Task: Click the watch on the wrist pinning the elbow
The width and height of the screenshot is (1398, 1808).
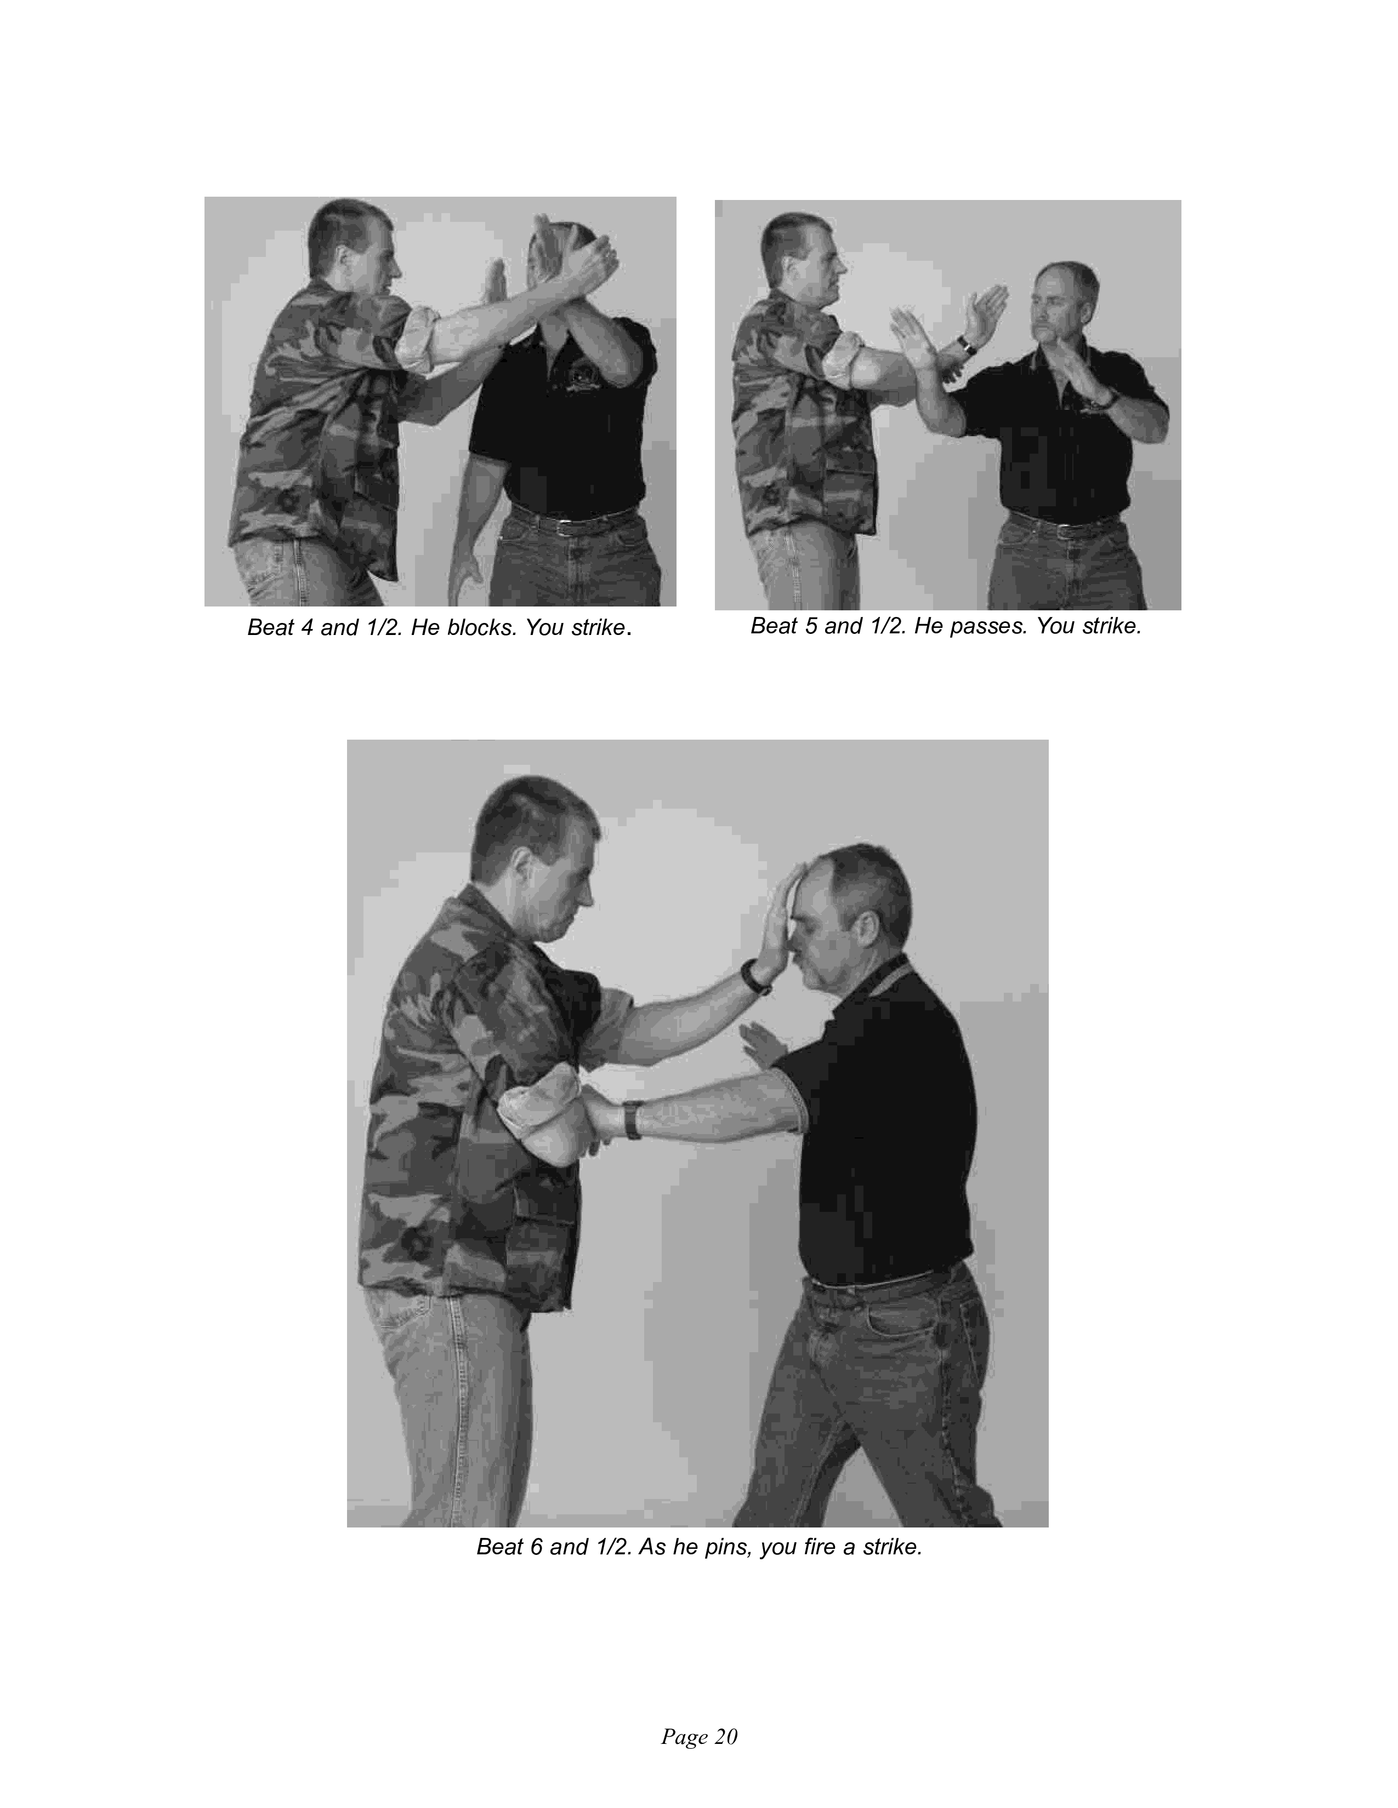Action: click(x=633, y=1118)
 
